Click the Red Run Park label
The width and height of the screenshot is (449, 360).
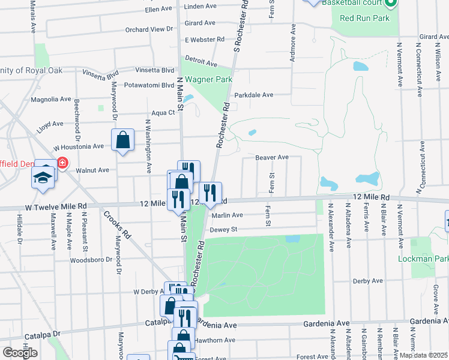pos(364,18)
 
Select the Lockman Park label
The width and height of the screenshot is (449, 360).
pos(423,259)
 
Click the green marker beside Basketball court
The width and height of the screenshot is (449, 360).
pos(390,3)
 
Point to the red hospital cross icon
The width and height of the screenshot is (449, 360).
pos(62,163)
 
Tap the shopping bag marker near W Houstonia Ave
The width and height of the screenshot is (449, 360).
pos(122,141)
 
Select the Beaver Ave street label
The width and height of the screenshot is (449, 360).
pos(272,157)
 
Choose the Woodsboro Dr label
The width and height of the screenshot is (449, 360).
pos(92,260)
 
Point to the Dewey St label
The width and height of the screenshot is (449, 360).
pos(223,229)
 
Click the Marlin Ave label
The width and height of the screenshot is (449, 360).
pos(226,215)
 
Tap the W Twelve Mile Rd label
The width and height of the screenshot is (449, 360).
pos(56,206)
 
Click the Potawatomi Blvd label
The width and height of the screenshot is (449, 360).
pos(148,85)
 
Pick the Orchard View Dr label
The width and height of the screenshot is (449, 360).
pos(149,29)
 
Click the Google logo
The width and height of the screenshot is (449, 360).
pos(20,353)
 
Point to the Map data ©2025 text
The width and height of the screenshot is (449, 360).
pos(423,355)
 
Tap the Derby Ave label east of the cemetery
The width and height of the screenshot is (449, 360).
pos(368,280)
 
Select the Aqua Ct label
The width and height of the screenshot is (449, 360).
pos(163,112)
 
